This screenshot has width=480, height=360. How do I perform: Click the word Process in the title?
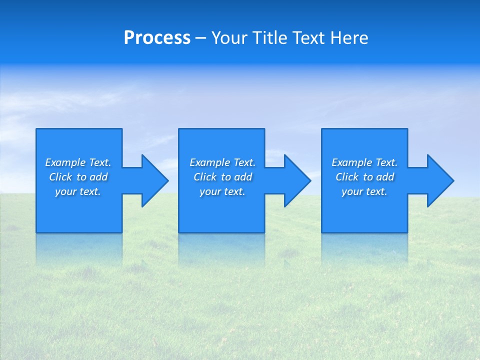[157, 38]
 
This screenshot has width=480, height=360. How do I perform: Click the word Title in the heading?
[268, 38]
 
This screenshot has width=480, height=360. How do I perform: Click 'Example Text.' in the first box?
[78, 162]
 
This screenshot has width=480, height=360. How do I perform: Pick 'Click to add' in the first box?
[78, 177]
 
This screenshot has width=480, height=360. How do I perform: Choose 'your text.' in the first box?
[78, 191]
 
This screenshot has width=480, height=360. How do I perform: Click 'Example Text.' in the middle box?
[222, 162]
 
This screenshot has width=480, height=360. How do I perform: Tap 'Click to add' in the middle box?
[222, 177]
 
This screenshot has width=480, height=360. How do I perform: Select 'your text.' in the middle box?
[222, 191]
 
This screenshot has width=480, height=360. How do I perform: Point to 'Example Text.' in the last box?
[364, 162]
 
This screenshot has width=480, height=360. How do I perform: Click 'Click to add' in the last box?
[364, 177]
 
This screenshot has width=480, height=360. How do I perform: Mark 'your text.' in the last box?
[364, 191]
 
